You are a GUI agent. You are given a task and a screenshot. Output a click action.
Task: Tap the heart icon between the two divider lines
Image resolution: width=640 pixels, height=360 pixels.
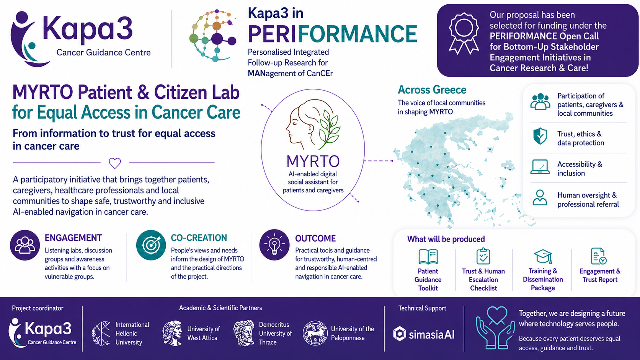coord(115,163)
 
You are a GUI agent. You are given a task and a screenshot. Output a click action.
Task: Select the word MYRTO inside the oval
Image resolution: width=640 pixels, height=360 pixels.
coord(313,161)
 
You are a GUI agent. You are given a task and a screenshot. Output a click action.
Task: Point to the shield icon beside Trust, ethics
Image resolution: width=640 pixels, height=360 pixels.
coord(540,136)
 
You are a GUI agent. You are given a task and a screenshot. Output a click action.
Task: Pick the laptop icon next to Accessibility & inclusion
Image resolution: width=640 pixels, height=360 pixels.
coord(540,167)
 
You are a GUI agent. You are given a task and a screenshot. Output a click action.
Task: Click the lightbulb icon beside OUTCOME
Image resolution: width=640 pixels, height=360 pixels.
coord(274,245)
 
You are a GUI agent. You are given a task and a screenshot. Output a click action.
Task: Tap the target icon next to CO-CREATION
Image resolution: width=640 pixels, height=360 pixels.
coord(151,245)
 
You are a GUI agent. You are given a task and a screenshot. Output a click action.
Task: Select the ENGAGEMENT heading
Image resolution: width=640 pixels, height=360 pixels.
coord(73,238)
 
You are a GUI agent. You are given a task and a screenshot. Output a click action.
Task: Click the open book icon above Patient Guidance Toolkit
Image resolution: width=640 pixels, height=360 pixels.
coord(428,256)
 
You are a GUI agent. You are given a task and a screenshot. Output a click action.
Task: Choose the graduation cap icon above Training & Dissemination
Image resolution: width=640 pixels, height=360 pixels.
coord(543,256)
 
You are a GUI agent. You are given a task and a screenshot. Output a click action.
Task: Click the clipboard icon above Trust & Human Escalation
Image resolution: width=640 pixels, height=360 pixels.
coord(483,256)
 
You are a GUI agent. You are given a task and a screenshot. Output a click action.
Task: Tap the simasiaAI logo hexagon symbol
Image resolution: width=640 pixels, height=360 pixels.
coord(400,334)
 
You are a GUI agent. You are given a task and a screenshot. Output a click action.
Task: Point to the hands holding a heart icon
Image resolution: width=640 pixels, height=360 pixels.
coord(496,328)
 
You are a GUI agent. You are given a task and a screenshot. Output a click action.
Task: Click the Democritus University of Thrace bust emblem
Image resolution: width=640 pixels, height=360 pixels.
coord(244,333)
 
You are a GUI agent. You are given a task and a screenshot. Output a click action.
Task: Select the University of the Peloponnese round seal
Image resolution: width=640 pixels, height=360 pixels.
coord(315,333)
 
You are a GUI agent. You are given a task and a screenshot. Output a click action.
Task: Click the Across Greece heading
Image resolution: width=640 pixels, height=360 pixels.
coord(432,90)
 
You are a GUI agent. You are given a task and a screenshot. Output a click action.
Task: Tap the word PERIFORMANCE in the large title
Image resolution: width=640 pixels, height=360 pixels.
coord(332,34)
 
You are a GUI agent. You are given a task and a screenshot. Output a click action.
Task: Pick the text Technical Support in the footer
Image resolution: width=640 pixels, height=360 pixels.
coord(422,308)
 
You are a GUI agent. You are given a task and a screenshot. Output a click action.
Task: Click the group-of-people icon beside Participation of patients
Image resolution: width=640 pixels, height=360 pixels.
coord(540,102)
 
